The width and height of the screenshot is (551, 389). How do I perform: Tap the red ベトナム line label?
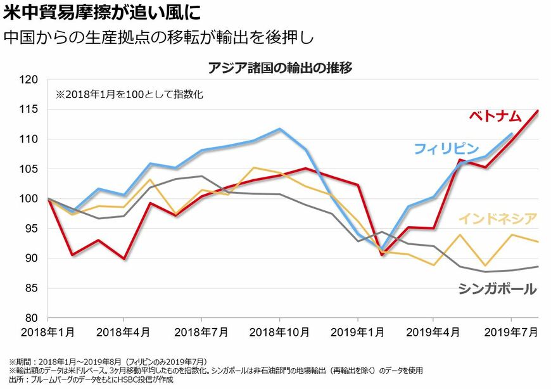[495, 116]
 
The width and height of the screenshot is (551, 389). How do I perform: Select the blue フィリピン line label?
[446, 149]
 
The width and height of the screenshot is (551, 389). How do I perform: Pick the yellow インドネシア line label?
[497, 219]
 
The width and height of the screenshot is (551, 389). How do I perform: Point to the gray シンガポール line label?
[497, 290]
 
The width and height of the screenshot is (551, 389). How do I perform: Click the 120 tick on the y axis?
[29, 80]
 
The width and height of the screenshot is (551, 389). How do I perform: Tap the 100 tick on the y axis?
[29, 199]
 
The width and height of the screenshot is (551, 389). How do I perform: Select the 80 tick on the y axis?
[32, 318]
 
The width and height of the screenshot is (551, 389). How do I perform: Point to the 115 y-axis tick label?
[29, 110]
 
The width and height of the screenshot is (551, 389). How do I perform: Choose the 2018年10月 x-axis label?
[279, 331]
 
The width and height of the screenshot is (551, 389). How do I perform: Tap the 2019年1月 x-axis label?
[357, 331]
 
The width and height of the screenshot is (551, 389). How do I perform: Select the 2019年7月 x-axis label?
[511, 331]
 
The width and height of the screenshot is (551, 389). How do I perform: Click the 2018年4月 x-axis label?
[123, 331]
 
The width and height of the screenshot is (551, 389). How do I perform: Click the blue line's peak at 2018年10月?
[279, 129]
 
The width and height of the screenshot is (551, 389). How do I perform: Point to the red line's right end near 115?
[538, 111]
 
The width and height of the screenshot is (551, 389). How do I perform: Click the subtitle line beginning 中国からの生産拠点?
[158, 36]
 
